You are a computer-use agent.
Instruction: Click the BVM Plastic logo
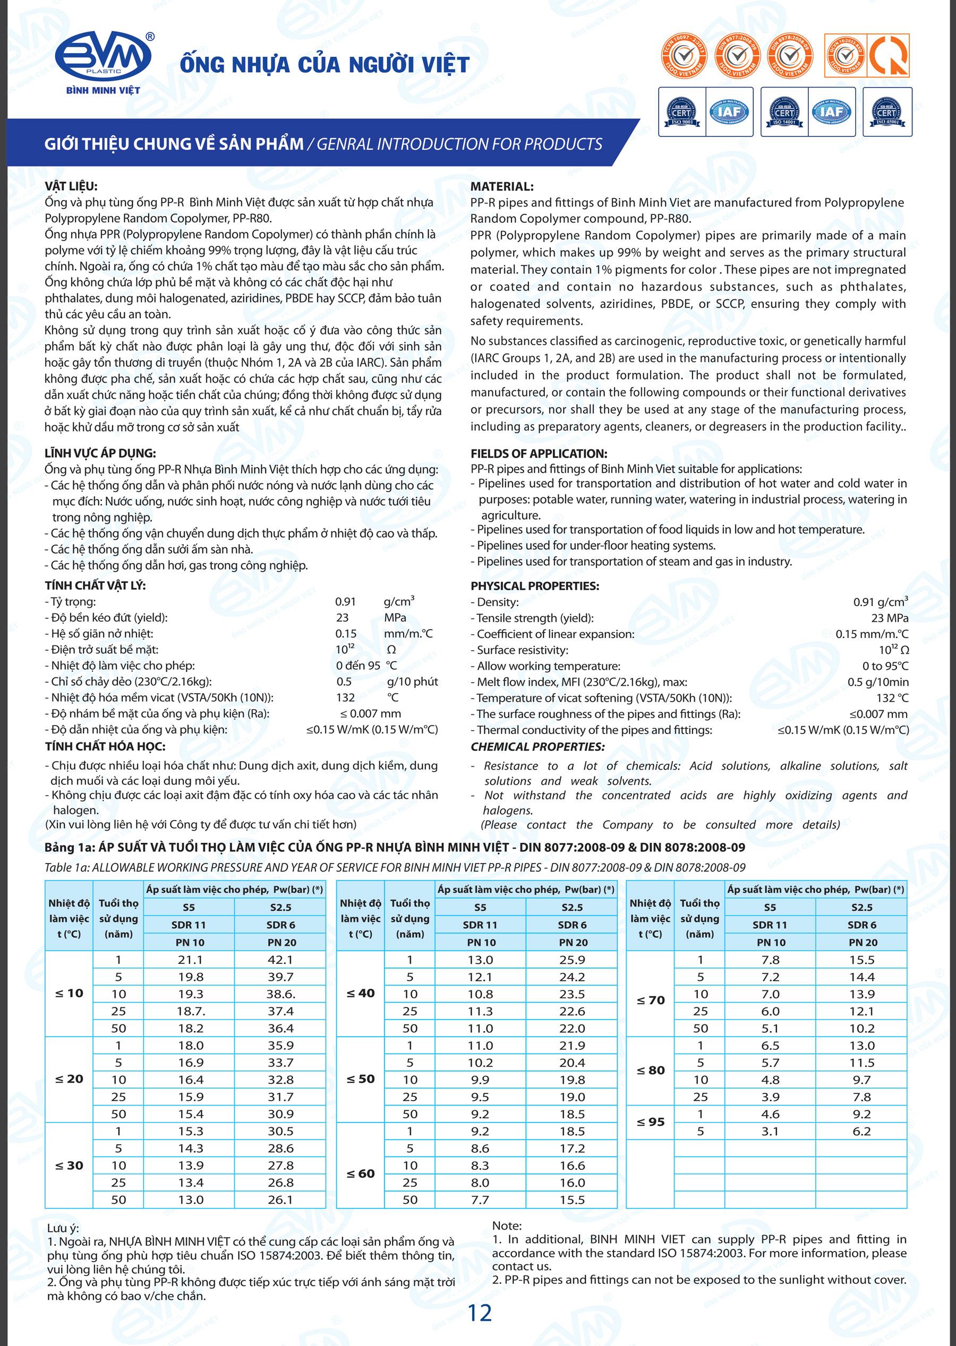104,61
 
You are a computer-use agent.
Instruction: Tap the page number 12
479,1313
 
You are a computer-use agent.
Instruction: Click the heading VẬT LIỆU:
71,186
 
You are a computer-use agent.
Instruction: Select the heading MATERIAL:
501,186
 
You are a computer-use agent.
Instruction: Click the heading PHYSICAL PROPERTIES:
534,586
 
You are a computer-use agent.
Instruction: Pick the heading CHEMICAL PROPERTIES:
537,747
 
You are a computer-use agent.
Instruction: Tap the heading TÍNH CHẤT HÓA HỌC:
105,747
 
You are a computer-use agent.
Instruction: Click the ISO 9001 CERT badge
681,112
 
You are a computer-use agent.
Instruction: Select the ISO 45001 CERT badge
886,112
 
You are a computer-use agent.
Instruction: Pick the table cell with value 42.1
280,960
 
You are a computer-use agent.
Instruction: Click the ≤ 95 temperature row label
651,1122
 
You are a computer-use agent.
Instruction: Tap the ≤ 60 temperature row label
360,1174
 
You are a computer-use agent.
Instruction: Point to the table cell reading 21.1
190,960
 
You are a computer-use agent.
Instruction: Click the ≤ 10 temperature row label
69,993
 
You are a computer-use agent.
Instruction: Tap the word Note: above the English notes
507,1226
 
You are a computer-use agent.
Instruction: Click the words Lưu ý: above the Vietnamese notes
63,1228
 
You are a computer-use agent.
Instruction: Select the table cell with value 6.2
862,1131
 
